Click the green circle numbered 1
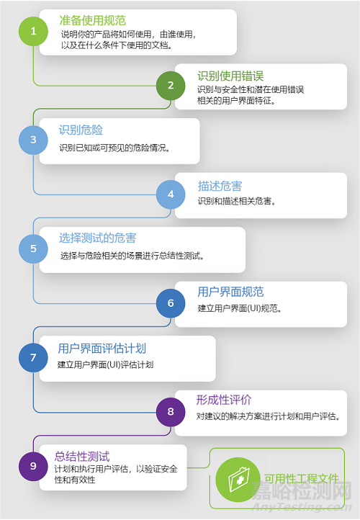[34, 31]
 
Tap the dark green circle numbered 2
[171, 86]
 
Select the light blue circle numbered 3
[34, 140]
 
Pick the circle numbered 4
[171, 194]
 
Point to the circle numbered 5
[34, 248]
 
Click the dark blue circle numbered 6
[171, 303]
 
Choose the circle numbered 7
[34, 357]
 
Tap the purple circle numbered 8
[171, 412]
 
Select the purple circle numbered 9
[34, 466]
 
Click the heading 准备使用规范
[93, 21]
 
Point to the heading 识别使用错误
[230, 76]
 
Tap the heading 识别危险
[81, 130]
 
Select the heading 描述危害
[220, 186]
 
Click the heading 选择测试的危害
[97, 238]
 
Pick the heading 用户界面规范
[230, 292]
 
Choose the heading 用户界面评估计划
[102, 349]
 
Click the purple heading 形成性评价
[224, 400]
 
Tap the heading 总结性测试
[82, 457]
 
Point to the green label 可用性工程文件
[302, 478]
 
